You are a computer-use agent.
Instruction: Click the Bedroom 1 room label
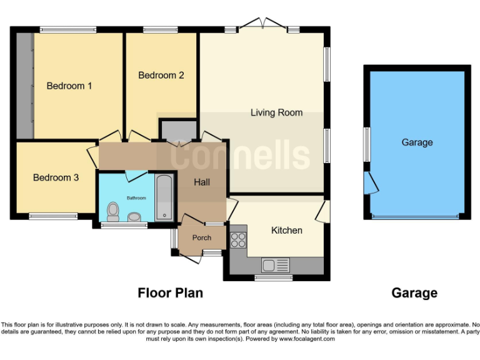tap(69, 86)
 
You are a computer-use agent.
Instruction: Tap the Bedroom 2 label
tap(161, 75)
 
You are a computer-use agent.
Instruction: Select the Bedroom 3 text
tap(56, 177)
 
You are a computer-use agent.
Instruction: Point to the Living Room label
tap(276, 112)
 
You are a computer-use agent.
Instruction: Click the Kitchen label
tap(286, 230)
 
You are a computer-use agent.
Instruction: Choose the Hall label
tap(201, 182)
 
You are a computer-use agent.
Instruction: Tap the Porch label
tap(201, 237)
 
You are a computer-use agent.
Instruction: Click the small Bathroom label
tap(136, 198)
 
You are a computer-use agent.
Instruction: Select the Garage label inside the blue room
tap(417, 142)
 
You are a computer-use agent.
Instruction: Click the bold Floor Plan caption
tap(170, 292)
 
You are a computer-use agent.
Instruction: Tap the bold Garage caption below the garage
tap(414, 292)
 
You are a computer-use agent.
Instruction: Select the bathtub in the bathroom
tap(165, 198)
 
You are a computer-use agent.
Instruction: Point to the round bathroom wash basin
tap(134, 217)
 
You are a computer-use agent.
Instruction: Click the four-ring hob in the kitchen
tap(239, 240)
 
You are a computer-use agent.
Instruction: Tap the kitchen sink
tap(275, 265)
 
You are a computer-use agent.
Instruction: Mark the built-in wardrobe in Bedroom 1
tap(24, 86)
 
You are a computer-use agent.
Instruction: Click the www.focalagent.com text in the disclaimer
tap(306, 339)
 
